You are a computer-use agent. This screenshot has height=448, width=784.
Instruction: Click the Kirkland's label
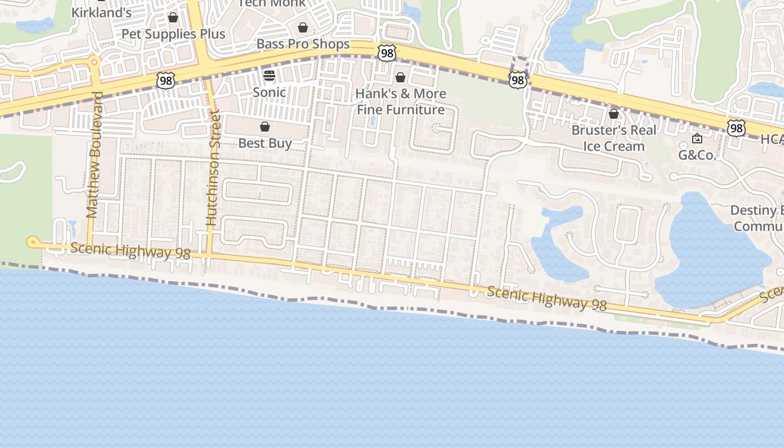coord(101,12)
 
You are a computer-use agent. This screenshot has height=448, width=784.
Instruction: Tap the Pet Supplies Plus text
coord(174,34)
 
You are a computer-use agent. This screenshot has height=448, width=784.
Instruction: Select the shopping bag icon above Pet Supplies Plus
coord(173,18)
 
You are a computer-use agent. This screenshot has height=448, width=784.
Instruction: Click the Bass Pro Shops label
coord(303,44)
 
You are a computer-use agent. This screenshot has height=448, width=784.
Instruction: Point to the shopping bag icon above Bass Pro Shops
coord(303,27)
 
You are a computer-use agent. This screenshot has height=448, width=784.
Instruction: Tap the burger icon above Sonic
coord(269,76)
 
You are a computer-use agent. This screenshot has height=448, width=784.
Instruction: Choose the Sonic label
coord(269,92)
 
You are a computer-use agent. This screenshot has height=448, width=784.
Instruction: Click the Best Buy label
coord(265,143)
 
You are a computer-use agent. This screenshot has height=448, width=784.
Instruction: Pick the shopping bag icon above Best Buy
coord(265,127)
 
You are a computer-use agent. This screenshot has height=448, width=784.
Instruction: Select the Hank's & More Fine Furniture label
coord(401,101)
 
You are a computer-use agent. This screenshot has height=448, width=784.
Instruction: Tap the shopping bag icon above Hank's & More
coord(400,77)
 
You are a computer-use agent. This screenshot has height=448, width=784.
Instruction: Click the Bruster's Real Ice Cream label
coord(614,138)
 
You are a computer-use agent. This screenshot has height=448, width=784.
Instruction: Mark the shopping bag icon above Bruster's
coord(614,114)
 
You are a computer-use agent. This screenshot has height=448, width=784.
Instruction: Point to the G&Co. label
coord(697,155)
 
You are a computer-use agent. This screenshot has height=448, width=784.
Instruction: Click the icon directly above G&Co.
coord(697,138)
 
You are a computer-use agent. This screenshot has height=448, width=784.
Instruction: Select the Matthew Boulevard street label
coord(94,155)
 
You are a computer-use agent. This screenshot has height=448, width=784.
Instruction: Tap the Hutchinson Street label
coord(212,168)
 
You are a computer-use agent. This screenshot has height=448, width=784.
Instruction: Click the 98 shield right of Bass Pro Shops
coord(387,53)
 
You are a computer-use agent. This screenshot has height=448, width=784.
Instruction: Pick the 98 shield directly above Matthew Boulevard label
coord(166,80)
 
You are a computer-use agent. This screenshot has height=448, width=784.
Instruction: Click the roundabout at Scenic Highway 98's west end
coord(32,242)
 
